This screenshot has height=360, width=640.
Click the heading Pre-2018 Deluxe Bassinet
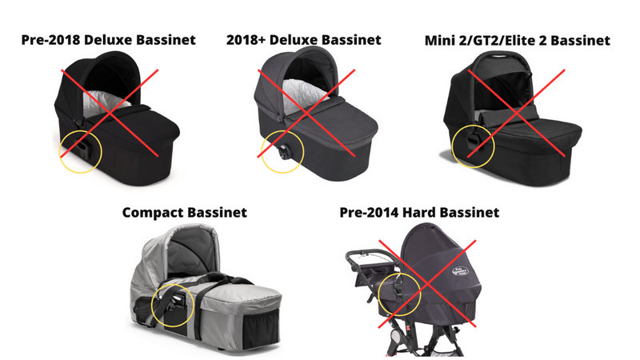tap(109, 40)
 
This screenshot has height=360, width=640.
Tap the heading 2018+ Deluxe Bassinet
tap(304, 40)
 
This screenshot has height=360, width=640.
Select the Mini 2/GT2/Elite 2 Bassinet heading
tap(518, 41)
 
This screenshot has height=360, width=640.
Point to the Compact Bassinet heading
tap(185, 213)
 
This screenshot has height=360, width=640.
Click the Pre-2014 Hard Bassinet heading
tap(419, 213)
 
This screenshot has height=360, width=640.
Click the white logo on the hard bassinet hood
tap(460, 271)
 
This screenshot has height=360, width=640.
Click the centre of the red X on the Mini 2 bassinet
tap(516, 113)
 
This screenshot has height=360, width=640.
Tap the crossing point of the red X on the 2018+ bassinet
tap(306, 113)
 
